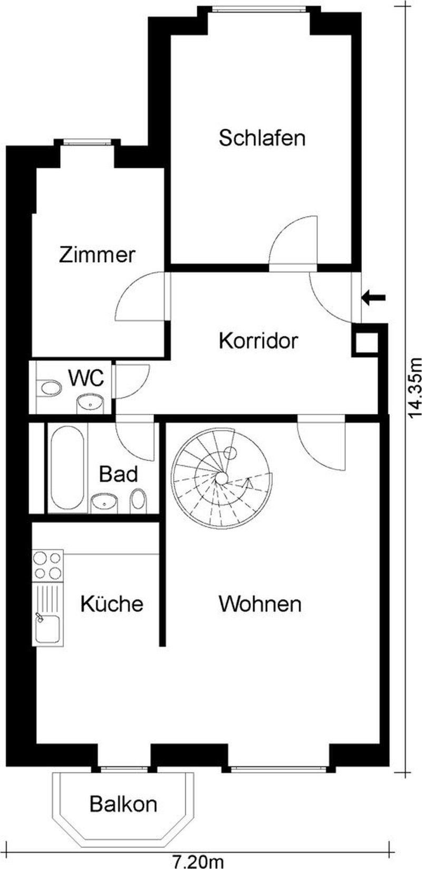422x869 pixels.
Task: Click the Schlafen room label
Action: point(262,138)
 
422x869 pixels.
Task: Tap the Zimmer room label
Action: point(97,255)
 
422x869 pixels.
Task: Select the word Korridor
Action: point(258,341)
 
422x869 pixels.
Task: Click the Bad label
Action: point(119,474)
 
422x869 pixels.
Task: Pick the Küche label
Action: point(112,604)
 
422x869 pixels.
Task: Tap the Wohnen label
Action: point(260,604)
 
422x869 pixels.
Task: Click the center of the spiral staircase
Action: point(222,478)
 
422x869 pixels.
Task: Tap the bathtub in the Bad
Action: point(66,468)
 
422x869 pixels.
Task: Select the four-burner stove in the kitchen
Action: point(47,565)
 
